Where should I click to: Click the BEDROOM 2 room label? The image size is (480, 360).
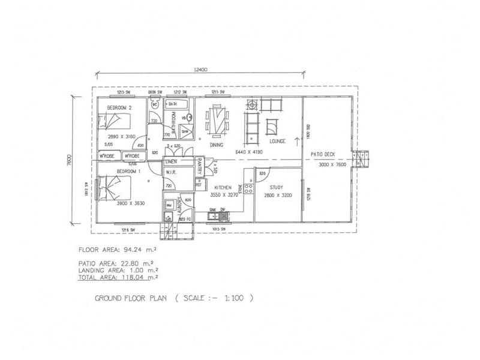(x=119, y=107)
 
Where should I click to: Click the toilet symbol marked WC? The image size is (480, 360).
(x=155, y=106)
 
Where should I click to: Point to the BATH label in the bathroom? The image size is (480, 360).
(x=173, y=104)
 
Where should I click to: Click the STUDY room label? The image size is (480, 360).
(x=276, y=187)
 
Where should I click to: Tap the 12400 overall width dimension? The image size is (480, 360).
(x=200, y=70)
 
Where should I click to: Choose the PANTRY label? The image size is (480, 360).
(x=199, y=164)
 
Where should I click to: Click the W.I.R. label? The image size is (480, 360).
(x=170, y=172)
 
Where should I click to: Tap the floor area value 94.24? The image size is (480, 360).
(x=136, y=249)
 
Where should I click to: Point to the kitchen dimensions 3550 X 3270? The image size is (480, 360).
(x=221, y=195)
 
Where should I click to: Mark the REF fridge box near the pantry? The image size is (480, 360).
(x=198, y=185)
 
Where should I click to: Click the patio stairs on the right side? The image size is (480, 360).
(x=362, y=160)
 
